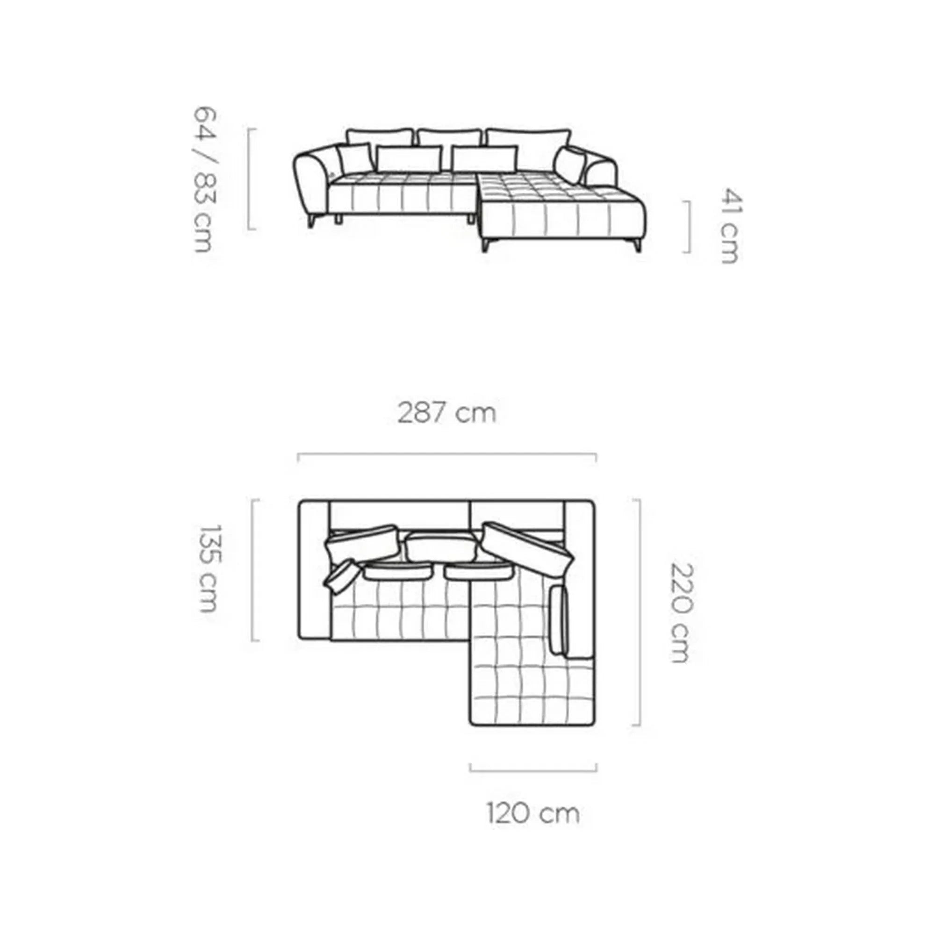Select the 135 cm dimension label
click(210, 568)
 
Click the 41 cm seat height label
click(729, 225)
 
